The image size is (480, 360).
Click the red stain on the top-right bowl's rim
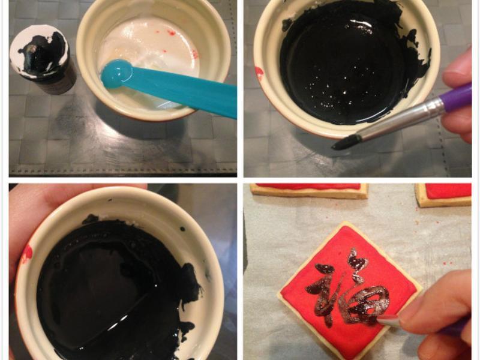pyautogui.click(x=259, y=73)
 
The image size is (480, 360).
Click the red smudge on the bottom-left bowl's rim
pyautogui.click(x=27, y=254)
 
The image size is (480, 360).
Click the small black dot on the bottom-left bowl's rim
pyautogui.click(x=183, y=229)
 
